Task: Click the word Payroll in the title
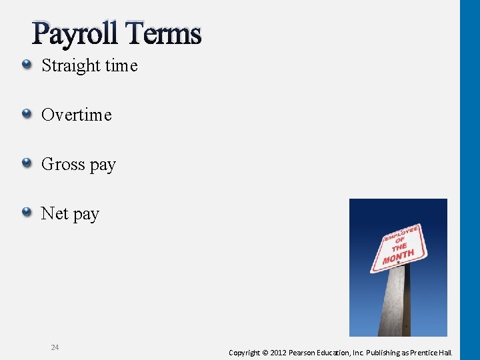[x=75, y=33]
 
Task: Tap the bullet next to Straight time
[x=26, y=65]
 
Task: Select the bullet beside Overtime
[x=26, y=114]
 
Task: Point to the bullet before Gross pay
[x=26, y=163]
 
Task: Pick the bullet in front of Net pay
[x=26, y=213]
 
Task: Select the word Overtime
[x=76, y=115]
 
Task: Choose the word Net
[x=53, y=213]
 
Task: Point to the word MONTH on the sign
[x=399, y=255]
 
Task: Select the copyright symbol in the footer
[x=265, y=352]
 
